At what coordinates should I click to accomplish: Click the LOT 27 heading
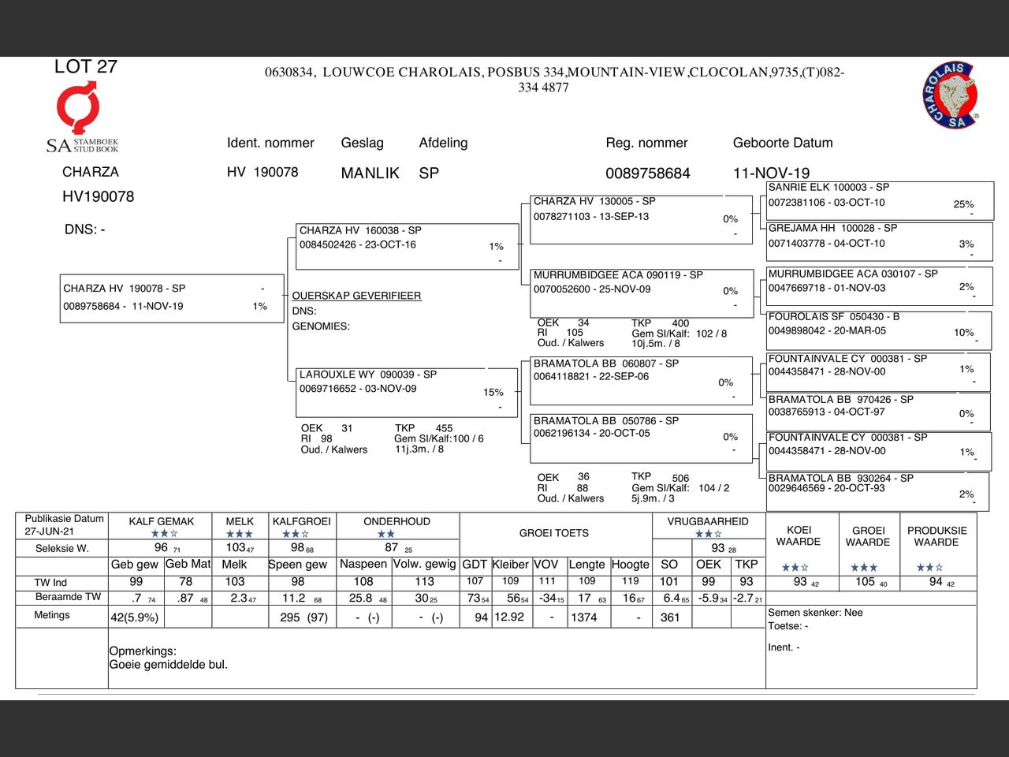pyautogui.click(x=85, y=67)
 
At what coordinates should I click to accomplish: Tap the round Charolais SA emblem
pyautogui.click(x=951, y=95)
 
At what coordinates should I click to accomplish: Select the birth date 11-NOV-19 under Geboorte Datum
pyautogui.click(x=771, y=173)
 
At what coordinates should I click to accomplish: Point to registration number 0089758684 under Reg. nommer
pyautogui.click(x=647, y=173)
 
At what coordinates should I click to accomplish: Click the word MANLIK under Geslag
pyautogui.click(x=370, y=173)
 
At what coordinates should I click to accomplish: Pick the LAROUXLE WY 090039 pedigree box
pyautogui.click(x=405, y=391)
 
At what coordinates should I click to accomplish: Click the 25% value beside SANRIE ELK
pyautogui.click(x=963, y=204)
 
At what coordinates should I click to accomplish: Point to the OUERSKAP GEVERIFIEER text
pyautogui.click(x=356, y=296)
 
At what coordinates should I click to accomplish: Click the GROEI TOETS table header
pyautogui.click(x=553, y=533)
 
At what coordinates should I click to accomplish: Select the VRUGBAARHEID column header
pyautogui.click(x=708, y=521)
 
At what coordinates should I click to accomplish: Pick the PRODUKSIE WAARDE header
pyautogui.click(x=936, y=536)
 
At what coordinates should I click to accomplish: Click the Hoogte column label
pyautogui.click(x=630, y=565)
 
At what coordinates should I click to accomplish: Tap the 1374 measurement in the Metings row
pyautogui.click(x=583, y=617)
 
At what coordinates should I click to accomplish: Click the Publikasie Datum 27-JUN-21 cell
pyautogui.click(x=64, y=524)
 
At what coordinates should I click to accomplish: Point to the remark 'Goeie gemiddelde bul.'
pyautogui.click(x=168, y=665)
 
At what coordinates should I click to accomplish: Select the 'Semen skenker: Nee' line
pyautogui.click(x=815, y=613)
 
